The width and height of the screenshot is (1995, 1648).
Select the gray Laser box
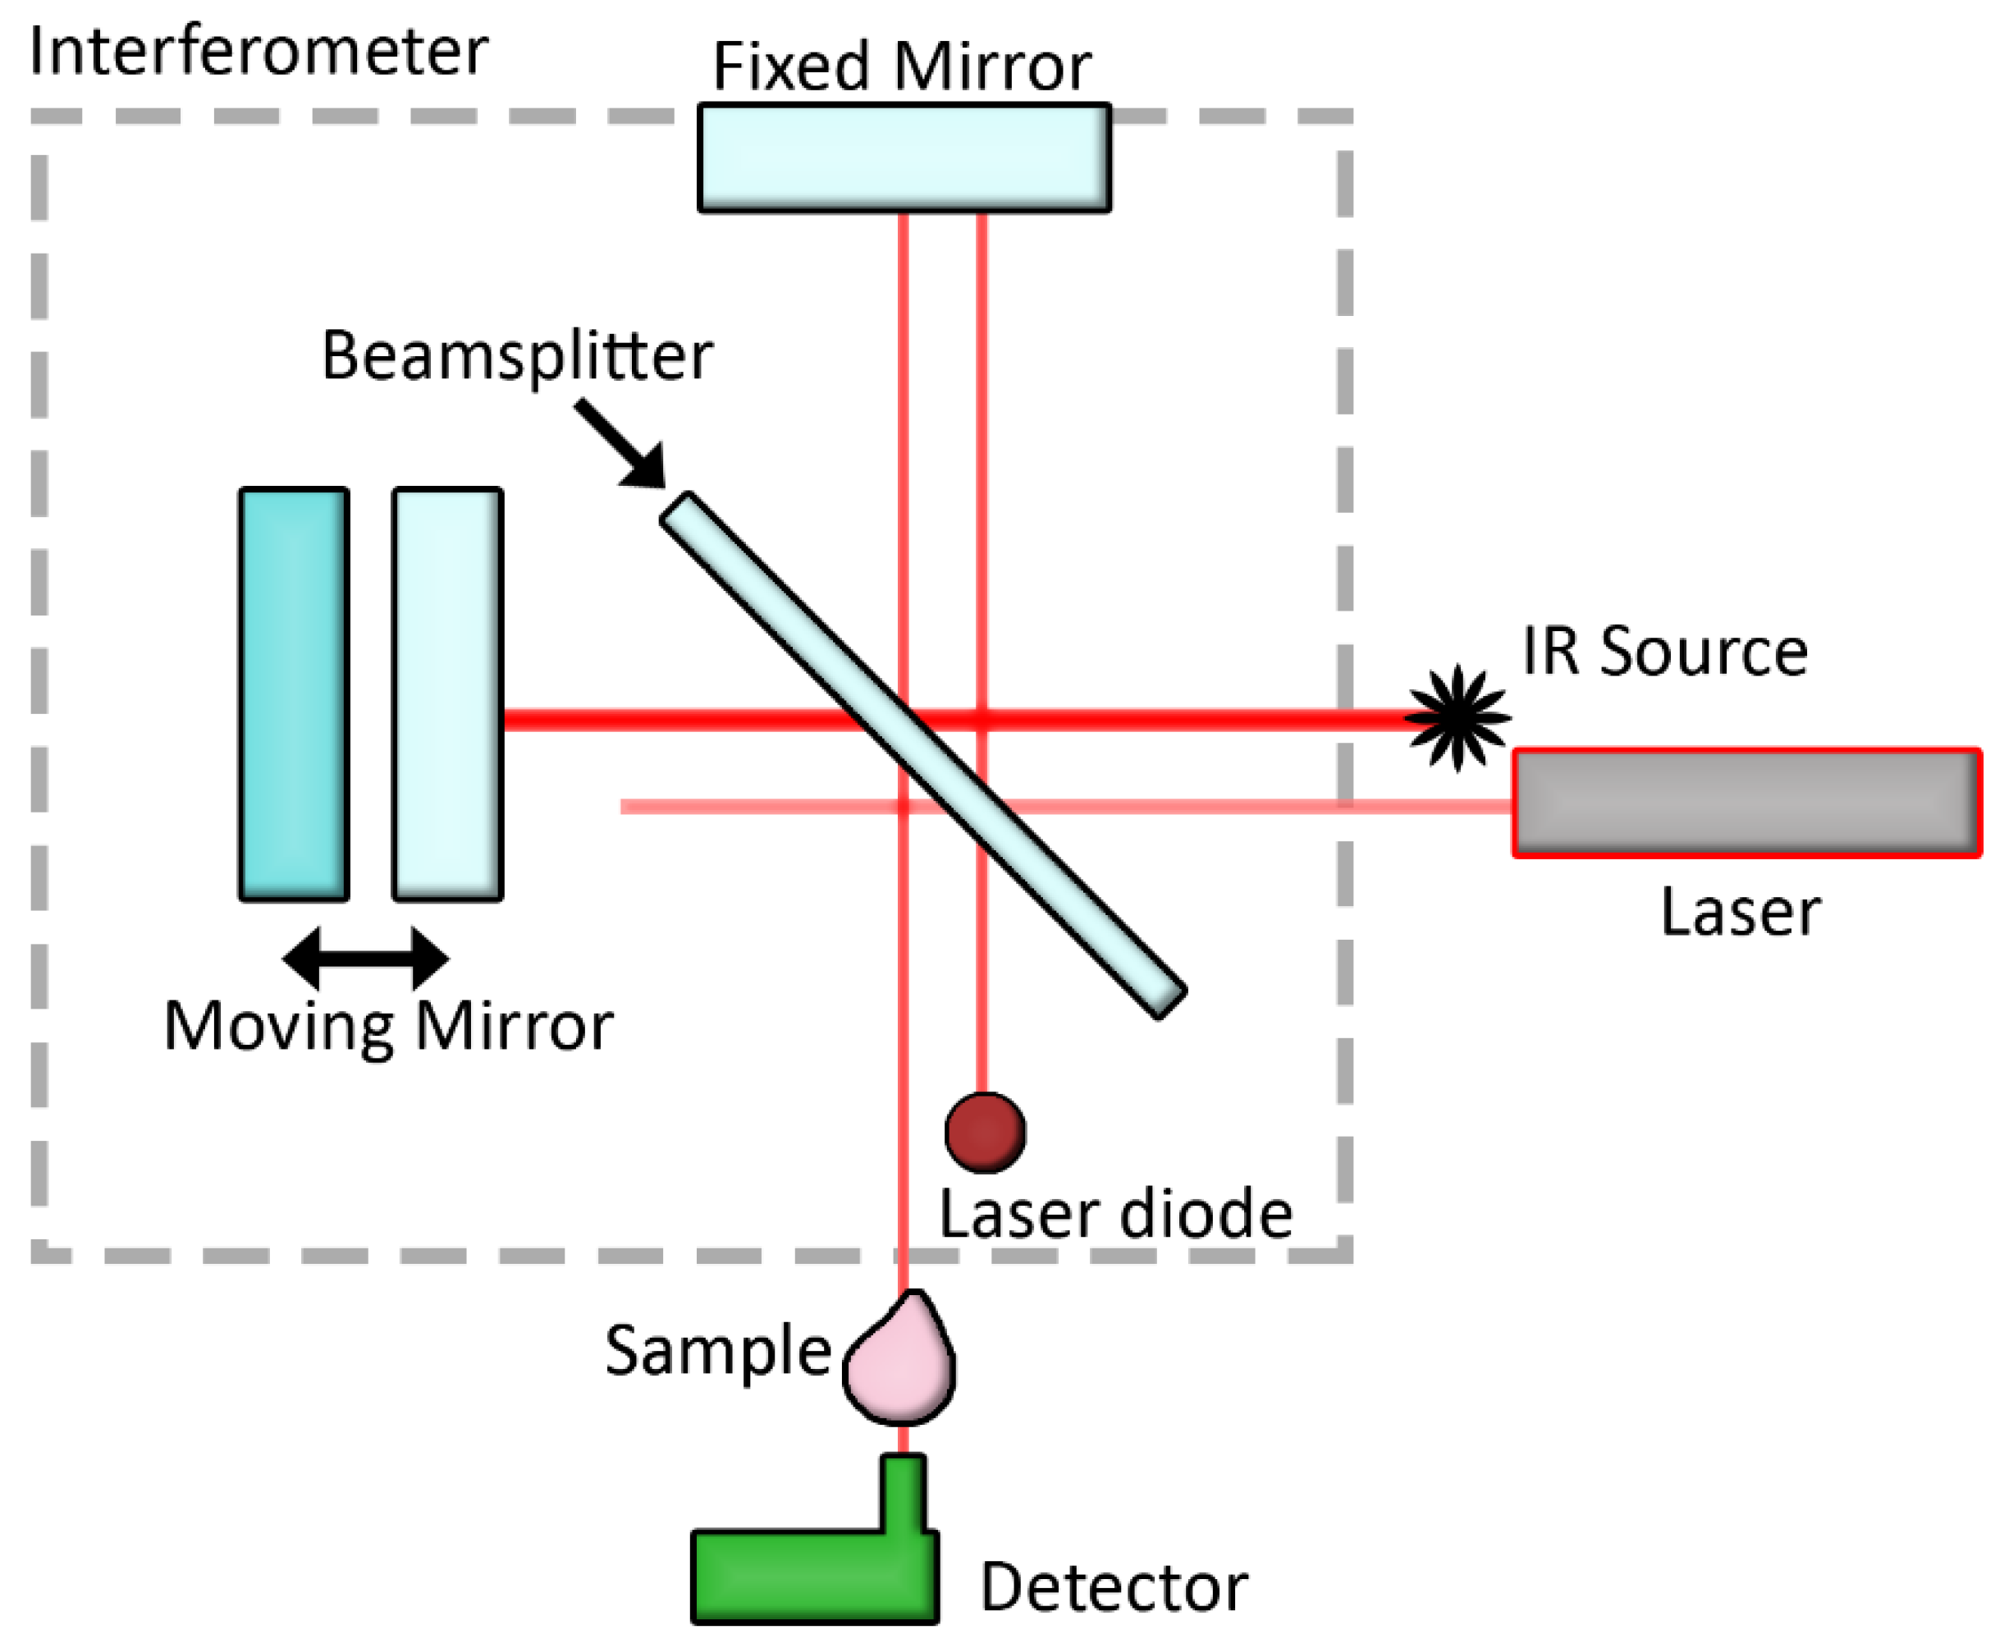pos(1746,802)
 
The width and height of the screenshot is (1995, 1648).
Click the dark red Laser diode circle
pos(985,1132)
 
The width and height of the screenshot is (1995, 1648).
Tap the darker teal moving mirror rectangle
pos(293,693)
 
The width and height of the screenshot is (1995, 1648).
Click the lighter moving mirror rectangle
pos(447,693)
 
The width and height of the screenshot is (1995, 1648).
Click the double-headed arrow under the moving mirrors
pos(365,958)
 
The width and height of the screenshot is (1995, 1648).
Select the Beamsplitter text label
pos(517,356)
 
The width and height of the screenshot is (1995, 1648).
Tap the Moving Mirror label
pos(388,1028)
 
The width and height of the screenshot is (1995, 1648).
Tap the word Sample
pos(718,1351)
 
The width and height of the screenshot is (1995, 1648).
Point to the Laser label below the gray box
pos(1741,913)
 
